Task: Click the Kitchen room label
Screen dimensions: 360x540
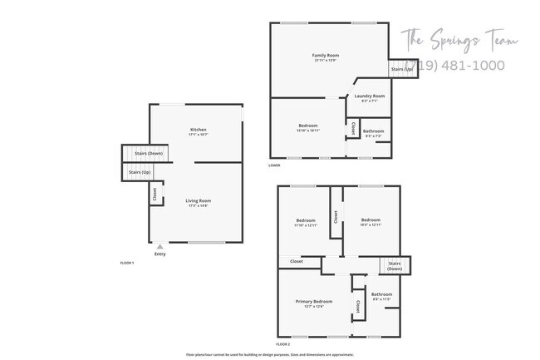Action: [x=199, y=130]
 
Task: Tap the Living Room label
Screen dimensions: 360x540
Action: [x=199, y=200]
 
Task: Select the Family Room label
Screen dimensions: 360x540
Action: [x=326, y=56]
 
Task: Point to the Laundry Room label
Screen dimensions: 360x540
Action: [x=370, y=96]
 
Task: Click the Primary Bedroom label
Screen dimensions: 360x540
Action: [x=314, y=301]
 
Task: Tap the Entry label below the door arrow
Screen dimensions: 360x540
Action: [x=160, y=254]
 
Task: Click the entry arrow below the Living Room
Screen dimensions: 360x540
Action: [x=160, y=247]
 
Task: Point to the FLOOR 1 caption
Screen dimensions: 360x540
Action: [x=128, y=263]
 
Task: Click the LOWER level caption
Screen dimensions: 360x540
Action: [x=274, y=165]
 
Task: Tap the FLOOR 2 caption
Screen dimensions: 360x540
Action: [x=284, y=343]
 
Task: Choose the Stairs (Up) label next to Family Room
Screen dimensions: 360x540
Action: [x=403, y=69]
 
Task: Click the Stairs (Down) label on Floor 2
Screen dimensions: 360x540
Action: [x=395, y=266]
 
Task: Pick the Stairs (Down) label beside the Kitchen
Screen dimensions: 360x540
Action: [x=140, y=154]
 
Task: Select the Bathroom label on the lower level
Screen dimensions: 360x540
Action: [x=373, y=131]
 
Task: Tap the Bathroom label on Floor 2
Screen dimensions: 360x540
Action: [x=382, y=294]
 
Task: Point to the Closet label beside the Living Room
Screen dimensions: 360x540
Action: [x=155, y=194]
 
